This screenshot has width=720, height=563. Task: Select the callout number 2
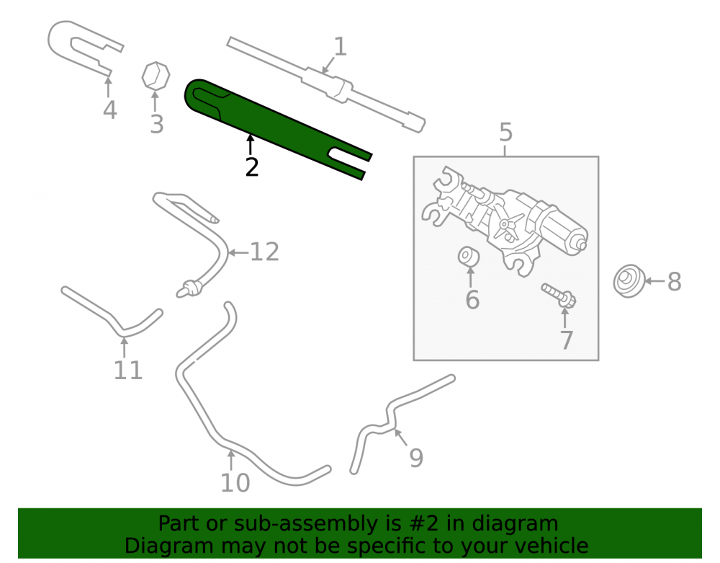(251, 167)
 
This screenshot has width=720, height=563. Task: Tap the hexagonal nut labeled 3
(156, 76)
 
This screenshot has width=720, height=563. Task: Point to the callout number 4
(109, 110)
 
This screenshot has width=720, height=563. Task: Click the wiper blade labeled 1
(326, 84)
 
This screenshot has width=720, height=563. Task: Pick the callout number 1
(339, 47)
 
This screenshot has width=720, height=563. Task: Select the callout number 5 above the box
(505, 133)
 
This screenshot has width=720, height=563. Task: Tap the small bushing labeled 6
(469, 257)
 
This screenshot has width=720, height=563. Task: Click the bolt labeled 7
(559, 296)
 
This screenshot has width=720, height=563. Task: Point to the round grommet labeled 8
(629, 281)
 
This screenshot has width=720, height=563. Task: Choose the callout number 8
(674, 282)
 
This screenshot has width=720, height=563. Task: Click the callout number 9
(416, 458)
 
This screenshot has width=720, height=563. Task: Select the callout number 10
(235, 483)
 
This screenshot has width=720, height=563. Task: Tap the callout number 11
(128, 371)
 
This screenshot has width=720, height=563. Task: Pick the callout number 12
(264, 252)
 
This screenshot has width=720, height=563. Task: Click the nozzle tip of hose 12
(181, 292)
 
